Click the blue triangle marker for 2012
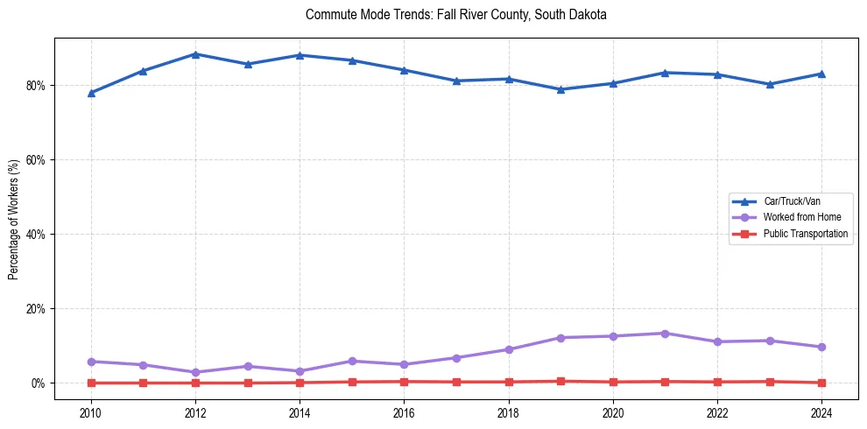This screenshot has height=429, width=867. pos(195,54)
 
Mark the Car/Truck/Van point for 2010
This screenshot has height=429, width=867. pos(91,93)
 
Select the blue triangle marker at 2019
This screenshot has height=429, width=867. pos(560,89)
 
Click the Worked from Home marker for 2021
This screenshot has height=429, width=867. pos(665,334)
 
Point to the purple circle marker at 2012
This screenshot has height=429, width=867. pos(195,372)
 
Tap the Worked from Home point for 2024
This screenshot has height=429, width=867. pos(821,347)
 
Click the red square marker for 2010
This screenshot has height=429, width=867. pos(91,383)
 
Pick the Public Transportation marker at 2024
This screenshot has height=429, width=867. pos(821,383)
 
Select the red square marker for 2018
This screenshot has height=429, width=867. pos(508,382)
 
